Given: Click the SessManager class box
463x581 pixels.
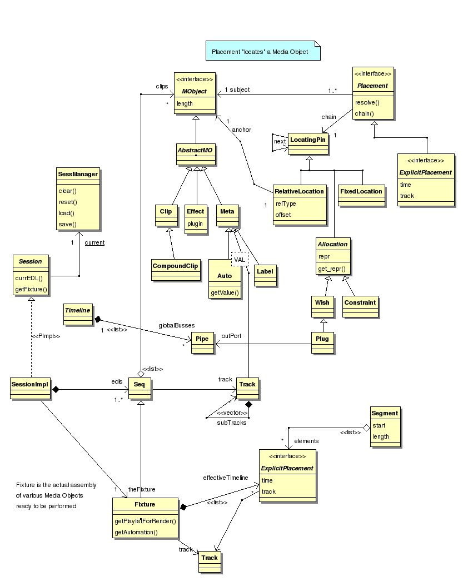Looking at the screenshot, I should pos(78,198).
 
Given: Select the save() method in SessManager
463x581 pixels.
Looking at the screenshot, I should pos(67,224).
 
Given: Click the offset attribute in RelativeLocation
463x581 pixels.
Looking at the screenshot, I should pos(283,215).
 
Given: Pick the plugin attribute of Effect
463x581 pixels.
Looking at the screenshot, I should pos(195,224).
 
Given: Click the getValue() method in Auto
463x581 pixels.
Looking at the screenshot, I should pos(225,292).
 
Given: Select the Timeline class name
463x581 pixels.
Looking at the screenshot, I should pos(77,310).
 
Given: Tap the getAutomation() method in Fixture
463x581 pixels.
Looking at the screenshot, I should pos(136,532).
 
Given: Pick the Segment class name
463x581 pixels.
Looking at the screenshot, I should pos(385,413).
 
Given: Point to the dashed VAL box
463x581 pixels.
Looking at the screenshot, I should pos(239,260).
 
